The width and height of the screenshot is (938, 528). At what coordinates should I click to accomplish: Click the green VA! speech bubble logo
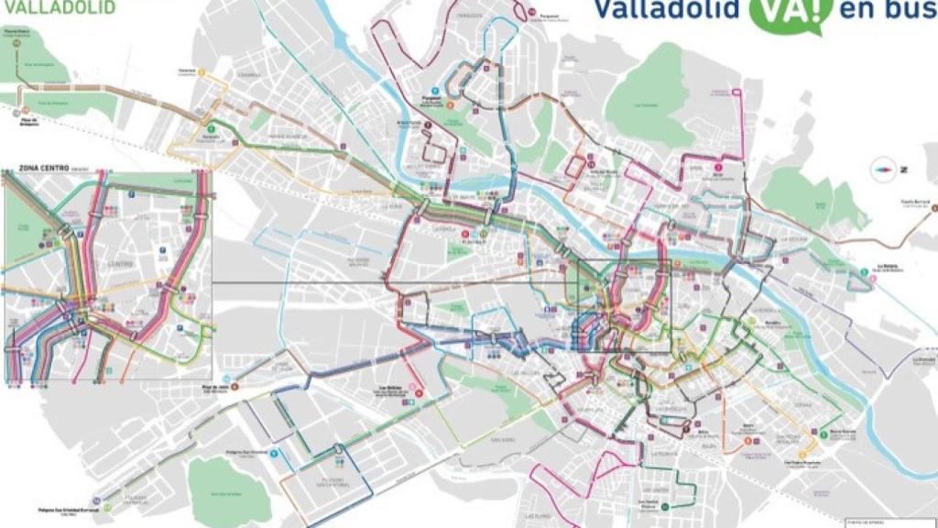tap(783, 13)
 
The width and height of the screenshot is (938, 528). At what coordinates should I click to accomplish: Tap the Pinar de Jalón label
tap(217, 387)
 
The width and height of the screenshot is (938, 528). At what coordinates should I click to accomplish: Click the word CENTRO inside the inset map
tap(119, 264)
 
